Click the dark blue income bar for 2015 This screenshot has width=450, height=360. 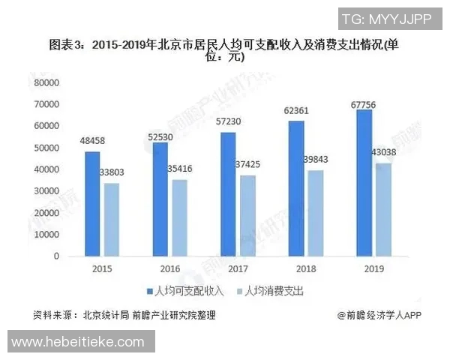(91, 204)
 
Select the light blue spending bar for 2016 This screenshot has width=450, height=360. (178, 217)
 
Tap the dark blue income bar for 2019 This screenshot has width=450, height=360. (364, 183)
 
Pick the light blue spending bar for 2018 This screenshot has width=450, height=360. (316, 213)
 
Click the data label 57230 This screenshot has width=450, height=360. (228, 121)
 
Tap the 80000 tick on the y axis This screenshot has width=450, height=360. (46, 82)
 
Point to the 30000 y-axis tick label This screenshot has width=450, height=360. (46, 190)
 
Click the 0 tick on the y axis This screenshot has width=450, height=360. (55, 256)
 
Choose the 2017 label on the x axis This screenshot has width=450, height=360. (237, 268)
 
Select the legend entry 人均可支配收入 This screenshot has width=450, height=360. (181, 289)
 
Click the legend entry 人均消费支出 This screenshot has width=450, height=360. (271, 289)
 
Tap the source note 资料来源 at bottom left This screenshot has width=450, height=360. (124, 316)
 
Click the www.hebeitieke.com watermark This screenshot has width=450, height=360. (78, 341)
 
